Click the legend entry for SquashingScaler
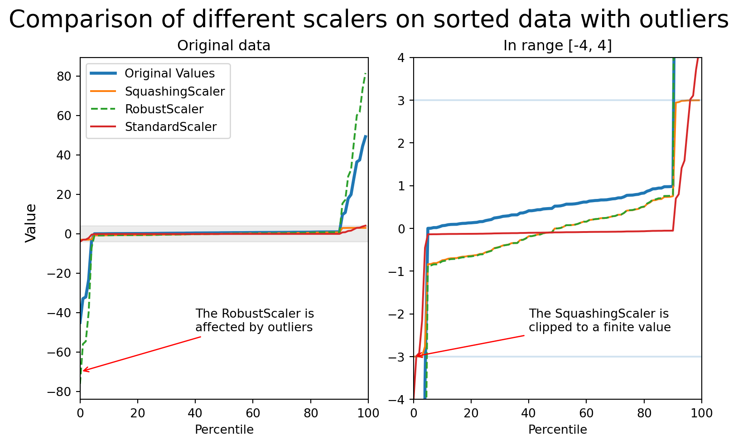(x=174, y=92)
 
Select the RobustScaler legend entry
(x=164, y=109)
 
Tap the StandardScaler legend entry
(x=170, y=127)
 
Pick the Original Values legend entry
(x=169, y=73)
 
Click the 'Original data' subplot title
(x=224, y=46)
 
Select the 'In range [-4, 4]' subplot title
(x=557, y=46)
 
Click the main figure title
(x=369, y=20)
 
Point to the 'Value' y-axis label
(x=31, y=223)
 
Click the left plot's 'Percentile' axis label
(x=224, y=430)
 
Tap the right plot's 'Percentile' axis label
(x=557, y=430)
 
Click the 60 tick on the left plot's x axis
(x=253, y=413)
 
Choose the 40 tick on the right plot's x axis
(x=529, y=413)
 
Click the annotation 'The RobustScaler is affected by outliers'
(x=254, y=320)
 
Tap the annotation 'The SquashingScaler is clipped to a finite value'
(x=599, y=320)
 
